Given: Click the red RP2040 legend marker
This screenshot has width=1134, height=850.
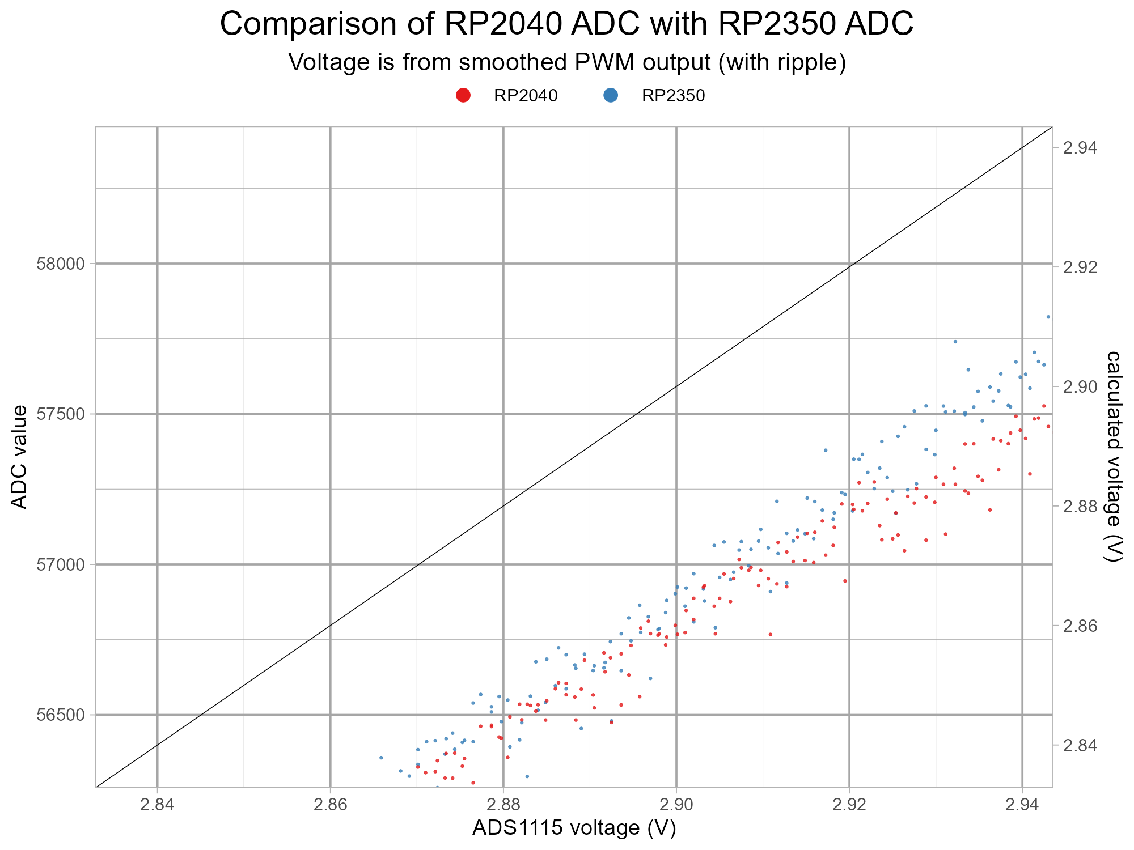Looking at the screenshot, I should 463,96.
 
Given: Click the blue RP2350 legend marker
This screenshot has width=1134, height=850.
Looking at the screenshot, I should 611,96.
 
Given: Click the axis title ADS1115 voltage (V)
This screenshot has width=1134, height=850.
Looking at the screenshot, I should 574,828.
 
